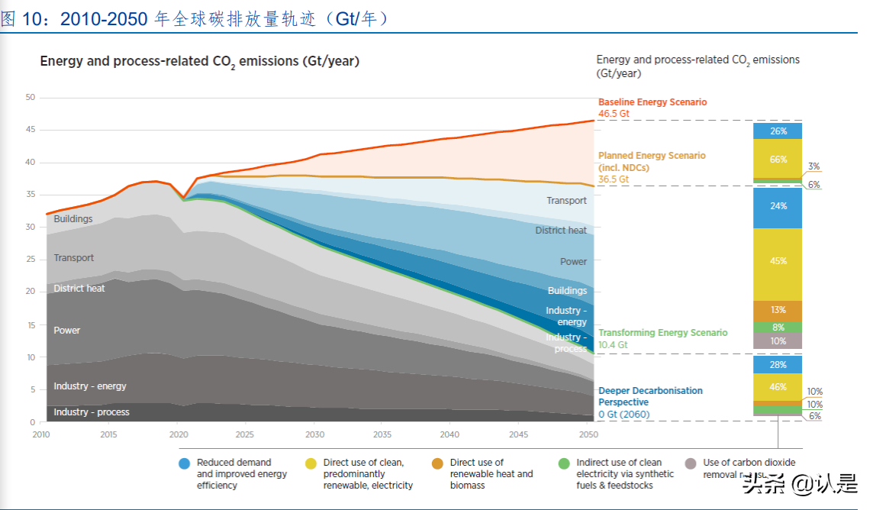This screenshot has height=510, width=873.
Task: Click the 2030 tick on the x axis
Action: [x=314, y=434]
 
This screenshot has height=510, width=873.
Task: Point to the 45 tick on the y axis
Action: [x=31, y=130]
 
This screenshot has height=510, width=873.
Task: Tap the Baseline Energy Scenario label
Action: [x=652, y=102]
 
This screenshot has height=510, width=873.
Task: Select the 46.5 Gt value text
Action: [x=614, y=114]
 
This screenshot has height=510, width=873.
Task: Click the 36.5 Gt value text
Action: [x=614, y=179]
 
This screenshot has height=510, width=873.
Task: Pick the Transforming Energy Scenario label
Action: [x=662, y=333]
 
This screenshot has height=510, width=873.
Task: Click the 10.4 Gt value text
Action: [x=613, y=345]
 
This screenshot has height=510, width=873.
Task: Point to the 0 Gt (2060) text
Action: [x=623, y=415]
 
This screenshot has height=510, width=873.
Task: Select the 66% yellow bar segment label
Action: [x=778, y=160]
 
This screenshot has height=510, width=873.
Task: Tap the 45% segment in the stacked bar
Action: [x=778, y=261]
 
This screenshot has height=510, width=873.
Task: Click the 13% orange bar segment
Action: [x=778, y=310]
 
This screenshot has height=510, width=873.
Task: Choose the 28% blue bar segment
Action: [x=778, y=365]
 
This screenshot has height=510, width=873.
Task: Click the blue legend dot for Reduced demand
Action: [x=184, y=463]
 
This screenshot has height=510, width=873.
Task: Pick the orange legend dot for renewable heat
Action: [x=437, y=463]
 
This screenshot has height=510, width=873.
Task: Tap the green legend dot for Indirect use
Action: [x=564, y=463]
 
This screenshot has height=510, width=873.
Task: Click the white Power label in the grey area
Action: [x=67, y=331]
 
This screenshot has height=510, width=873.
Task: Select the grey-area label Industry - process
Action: [x=92, y=412]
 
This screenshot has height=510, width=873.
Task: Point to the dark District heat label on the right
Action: [x=561, y=231]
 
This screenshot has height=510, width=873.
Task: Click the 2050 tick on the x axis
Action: [x=588, y=434]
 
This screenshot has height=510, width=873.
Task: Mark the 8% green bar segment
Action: [x=778, y=327]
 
